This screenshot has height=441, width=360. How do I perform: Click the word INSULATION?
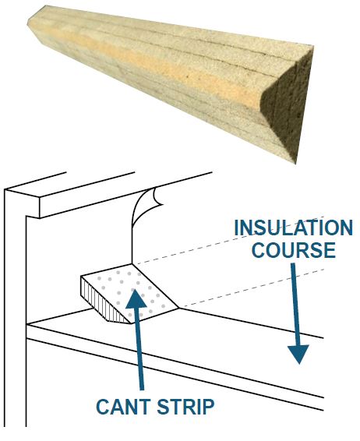pos(293,228)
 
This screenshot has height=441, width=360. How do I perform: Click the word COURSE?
pos(294,250)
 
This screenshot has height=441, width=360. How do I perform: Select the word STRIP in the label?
pos(185,407)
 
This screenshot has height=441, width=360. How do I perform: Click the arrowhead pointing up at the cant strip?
pos(136,301)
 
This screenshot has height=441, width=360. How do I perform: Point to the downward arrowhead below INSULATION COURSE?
pos(298,354)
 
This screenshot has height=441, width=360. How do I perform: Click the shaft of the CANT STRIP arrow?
pos(139,350)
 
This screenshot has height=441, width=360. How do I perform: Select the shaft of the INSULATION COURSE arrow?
pos(295,305)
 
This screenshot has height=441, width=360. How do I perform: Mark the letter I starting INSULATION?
pos(236,228)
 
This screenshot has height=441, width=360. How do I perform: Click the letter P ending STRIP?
pos(208,407)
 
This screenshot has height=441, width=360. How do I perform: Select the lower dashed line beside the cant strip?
pos(252,288)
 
